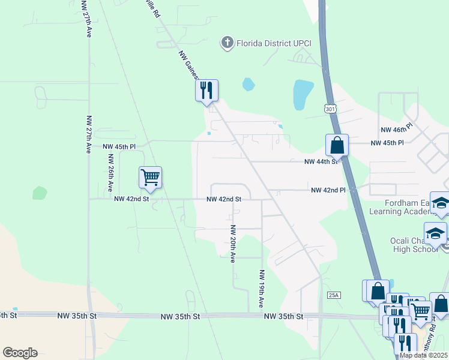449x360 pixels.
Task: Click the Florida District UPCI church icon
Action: coord(227,43)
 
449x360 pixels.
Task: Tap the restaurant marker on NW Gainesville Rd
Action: coord(206,91)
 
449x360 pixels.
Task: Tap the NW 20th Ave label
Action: coord(232,244)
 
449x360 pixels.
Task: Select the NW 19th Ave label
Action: coord(262,289)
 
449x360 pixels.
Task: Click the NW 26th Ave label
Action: coord(110,173)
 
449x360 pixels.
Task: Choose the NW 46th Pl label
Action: coord(397,129)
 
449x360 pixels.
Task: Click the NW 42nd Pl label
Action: coord(328,190)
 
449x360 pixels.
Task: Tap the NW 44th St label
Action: coord(322,162)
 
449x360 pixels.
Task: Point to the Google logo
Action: coord(20,353)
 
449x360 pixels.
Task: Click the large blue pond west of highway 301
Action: coord(303,95)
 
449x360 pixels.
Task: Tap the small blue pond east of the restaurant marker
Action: coord(248,85)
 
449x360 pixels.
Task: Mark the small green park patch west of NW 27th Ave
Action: coord(40,193)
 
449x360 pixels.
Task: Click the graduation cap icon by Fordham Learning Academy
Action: coord(441,205)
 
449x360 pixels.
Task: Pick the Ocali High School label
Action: coord(416,245)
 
